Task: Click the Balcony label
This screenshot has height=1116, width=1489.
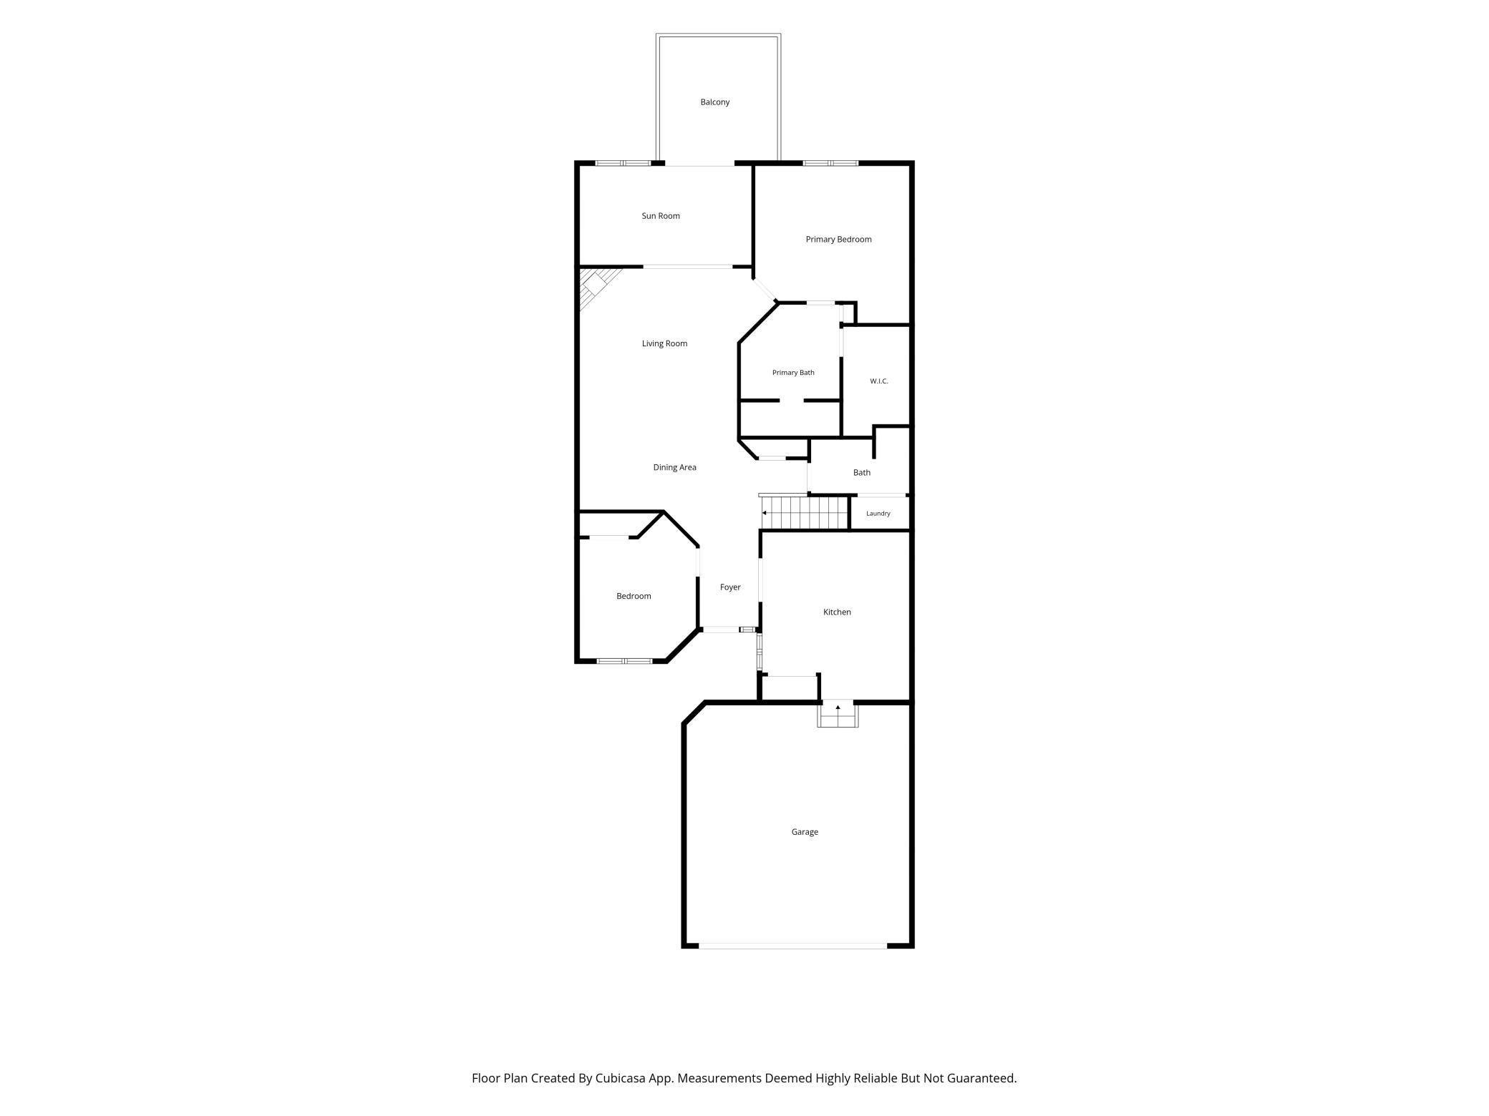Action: click(x=714, y=102)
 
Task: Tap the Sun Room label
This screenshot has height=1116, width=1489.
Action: click(x=661, y=216)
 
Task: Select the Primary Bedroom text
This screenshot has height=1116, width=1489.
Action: click(x=838, y=240)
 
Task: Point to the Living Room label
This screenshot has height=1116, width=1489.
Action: click(x=664, y=344)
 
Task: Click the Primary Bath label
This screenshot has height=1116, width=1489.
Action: click(x=793, y=373)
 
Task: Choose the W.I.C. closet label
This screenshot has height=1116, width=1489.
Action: click(x=879, y=381)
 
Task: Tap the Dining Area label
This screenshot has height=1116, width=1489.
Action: click(x=674, y=468)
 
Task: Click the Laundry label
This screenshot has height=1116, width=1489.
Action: click(x=878, y=514)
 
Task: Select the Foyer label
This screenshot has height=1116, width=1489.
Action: click(x=730, y=587)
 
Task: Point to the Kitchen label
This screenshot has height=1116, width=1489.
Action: click(x=837, y=612)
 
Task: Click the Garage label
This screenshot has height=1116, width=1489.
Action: click(x=805, y=832)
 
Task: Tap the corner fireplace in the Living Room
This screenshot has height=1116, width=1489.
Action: click(x=596, y=286)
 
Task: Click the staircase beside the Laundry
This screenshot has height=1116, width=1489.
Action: click(x=805, y=512)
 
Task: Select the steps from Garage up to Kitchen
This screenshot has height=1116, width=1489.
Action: click(x=838, y=714)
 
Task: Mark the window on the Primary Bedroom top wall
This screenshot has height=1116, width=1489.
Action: click(x=830, y=163)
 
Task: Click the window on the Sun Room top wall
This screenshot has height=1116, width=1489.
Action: click(x=623, y=163)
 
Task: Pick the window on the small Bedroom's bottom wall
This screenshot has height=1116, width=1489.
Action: click(x=624, y=661)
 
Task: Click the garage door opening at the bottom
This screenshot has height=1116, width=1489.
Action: click(x=793, y=946)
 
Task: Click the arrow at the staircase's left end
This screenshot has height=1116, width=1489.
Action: click(x=765, y=513)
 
